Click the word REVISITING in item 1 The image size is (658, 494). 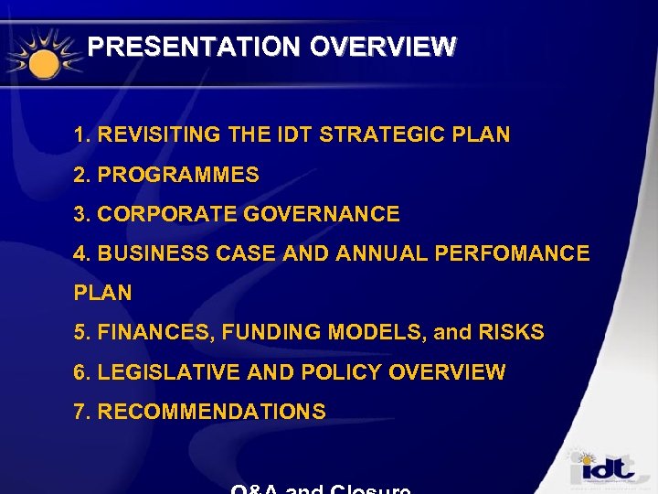pyautogui.click(x=159, y=135)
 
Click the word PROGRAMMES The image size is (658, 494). pyautogui.click(x=178, y=175)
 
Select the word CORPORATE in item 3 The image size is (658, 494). pyautogui.click(x=156, y=215)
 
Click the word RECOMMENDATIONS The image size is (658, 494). pyautogui.click(x=211, y=413)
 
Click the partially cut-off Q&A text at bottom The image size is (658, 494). pyautogui.click(x=320, y=489)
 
